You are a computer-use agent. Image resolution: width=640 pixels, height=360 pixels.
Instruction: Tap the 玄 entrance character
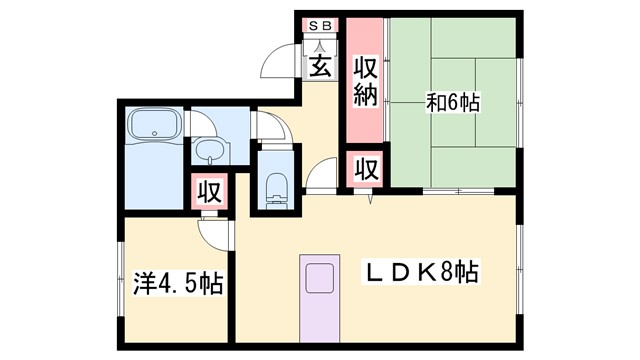[x=321, y=67]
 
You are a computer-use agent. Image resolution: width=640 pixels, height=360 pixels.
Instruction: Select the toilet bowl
[x=277, y=187]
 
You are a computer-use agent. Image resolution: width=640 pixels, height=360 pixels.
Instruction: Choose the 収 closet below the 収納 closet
[x=364, y=168]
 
